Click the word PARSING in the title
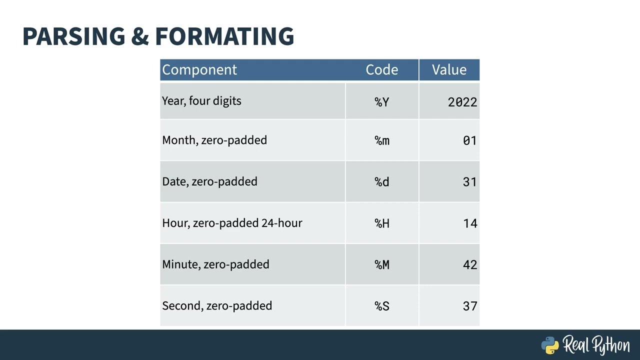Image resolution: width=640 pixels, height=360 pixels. pos(74,36)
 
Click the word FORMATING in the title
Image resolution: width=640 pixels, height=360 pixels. pos(224,36)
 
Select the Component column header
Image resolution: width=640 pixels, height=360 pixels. pos(199,69)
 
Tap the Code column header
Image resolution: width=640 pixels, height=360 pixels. pos(382,69)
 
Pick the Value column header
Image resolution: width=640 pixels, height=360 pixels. pos(449,69)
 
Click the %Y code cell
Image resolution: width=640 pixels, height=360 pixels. pos(382,102)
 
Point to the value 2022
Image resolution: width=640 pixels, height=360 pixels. pos(462,102)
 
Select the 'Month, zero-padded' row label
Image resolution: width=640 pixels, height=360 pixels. pos(214,140)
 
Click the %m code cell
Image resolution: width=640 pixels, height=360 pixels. pos(382,140)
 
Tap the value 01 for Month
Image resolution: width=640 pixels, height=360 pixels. pos(470,140)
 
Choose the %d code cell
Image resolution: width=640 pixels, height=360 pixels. pos(382,182)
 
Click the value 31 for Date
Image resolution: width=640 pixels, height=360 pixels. pos(470,182)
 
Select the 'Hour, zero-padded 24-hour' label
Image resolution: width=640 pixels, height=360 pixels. pos(232,223)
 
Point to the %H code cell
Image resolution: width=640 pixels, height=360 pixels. pos(382,223)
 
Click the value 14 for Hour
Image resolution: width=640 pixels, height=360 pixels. pos(470,223)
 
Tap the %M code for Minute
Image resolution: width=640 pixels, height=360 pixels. pos(382,265)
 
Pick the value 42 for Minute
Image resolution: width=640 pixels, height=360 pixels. pos(470,265)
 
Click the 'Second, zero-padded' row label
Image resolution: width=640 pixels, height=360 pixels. pos(217,305)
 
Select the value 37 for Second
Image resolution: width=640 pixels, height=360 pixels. pos(470,306)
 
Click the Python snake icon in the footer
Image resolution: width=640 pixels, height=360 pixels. pos(550,345)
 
